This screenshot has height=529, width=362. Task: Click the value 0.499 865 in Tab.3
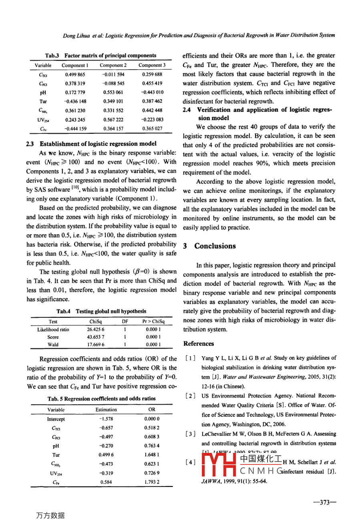[x=75, y=75]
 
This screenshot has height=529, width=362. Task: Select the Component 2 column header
[x=113, y=65]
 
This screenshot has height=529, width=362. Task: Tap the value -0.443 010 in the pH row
[x=152, y=93]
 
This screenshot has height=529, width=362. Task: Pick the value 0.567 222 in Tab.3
[x=113, y=120]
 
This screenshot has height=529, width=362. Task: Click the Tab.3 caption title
[x=101, y=56]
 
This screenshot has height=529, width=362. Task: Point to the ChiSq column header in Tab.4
[x=96, y=321]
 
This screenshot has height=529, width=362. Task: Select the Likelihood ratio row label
[x=53, y=329]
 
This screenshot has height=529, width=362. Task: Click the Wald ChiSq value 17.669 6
[x=96, y=345]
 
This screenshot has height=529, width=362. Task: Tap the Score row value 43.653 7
[x=96, y=337]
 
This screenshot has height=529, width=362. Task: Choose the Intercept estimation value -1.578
[x=106, y=419]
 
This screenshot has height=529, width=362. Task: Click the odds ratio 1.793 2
[x=152, y=482]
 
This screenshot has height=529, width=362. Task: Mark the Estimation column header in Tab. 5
[x=106, y=410]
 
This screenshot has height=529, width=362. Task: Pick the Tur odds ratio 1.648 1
[x=152, y=455]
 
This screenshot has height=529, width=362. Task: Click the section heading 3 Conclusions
[x=209, y=246]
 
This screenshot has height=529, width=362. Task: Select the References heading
[x=199, y=344]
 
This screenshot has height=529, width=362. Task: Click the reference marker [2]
[x=190, y=396]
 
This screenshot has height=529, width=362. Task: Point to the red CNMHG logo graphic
[x=218, y=465]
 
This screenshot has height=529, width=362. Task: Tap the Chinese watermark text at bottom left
[x=50, y=515]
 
